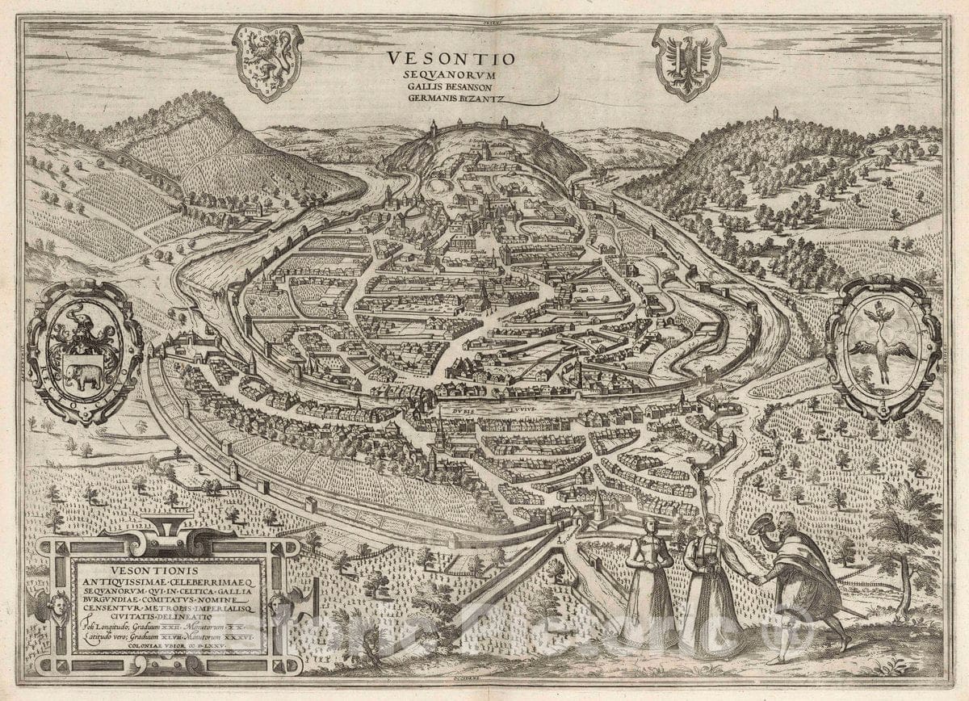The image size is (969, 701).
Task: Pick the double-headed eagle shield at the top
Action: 689,60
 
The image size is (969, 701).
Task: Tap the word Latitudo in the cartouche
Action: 101,638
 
